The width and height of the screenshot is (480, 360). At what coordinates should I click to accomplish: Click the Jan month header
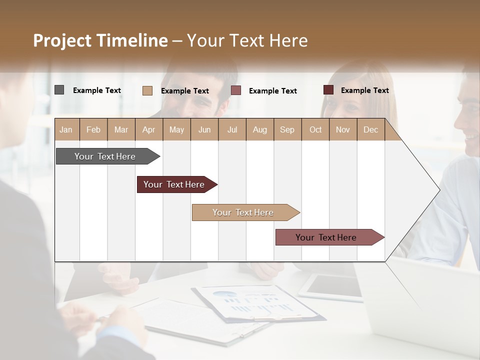pos(66,129)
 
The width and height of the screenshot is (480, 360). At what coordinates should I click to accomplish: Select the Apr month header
pos(148,129)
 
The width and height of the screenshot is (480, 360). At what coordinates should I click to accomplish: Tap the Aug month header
pos(259,129)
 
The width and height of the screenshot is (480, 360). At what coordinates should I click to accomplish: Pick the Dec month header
pos(370,129)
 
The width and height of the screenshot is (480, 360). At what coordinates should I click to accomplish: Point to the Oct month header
pos(315,129)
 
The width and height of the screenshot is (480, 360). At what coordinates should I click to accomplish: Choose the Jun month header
pos(204,129)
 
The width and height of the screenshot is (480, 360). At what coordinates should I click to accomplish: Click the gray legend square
pos(59,90)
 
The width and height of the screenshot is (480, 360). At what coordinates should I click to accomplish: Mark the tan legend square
pos(147,90)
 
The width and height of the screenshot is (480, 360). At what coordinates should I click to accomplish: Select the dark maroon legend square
pos(328,90)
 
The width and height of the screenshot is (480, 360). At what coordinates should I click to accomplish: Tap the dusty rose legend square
pos(236,90)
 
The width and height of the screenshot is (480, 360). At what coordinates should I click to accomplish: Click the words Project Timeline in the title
pos(100,40)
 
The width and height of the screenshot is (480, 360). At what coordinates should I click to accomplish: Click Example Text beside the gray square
pos(97,90)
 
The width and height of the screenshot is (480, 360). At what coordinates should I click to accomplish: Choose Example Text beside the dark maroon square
pos(364,90)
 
